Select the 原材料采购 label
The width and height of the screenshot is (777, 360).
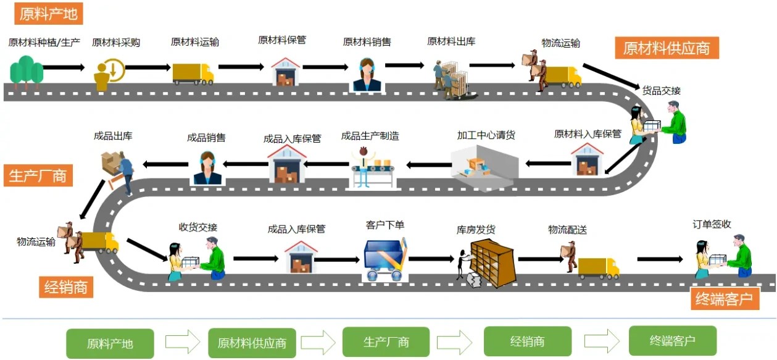click(116, 43)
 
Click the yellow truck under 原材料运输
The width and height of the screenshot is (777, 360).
click(193, 73)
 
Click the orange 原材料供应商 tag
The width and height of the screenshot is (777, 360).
click(667, 48)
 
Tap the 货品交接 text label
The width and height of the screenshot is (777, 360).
click(662, 91)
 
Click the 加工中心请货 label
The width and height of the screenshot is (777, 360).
click(486, 135)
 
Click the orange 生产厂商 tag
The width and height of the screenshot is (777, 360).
click(38, 175)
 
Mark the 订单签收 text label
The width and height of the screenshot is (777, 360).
click(712, 224)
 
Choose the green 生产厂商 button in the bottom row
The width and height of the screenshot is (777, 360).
click(386, 341)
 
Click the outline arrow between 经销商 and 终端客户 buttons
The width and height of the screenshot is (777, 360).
click(602, 341)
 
